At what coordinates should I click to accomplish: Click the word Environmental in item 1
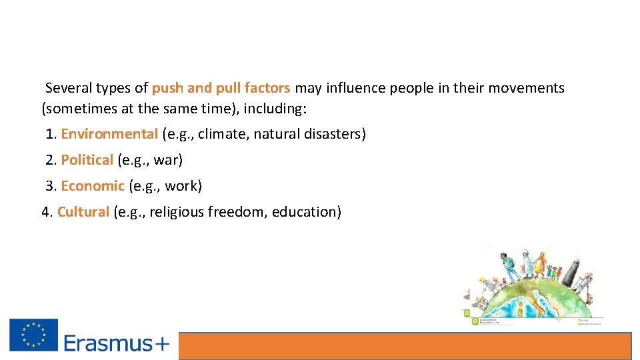[109, 134]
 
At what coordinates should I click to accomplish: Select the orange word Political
[87, 160]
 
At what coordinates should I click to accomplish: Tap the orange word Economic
[93, 186]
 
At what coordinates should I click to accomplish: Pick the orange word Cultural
[83, 212]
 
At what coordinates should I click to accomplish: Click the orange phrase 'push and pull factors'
[221, 88]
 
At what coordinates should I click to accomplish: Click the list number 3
[50, 186]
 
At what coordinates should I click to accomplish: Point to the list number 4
[45, 212]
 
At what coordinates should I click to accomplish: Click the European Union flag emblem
[33, 335]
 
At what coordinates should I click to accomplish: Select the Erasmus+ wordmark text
[117, 343]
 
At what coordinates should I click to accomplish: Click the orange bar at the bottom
[405, 346]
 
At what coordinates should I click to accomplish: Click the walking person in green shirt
[510, 267]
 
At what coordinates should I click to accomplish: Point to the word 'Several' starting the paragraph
[69, 88]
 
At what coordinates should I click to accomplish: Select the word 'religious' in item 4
[177, 212]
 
